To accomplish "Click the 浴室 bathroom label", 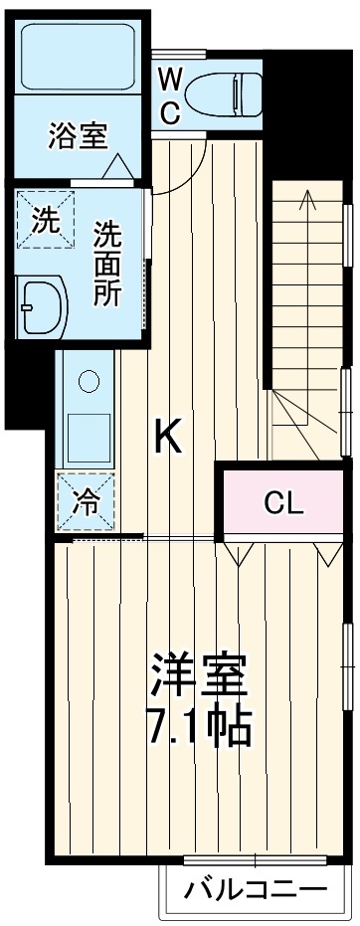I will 77,136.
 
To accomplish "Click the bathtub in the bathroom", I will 77,61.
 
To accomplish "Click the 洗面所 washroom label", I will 108,264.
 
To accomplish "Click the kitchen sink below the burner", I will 89,432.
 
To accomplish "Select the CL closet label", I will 282,503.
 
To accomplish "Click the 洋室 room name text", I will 198,678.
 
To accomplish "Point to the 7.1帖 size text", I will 198,728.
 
